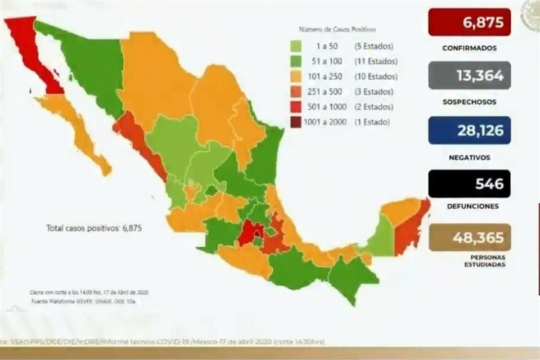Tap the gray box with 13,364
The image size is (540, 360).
pos(469,75)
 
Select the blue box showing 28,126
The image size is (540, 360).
pos(469,130)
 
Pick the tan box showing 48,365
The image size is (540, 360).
pos(469,237)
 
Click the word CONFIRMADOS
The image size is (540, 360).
pos(469,48)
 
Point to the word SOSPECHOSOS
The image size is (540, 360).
pos(469,102)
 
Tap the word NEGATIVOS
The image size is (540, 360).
pos(469,158)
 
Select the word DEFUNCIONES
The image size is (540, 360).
pos(469,206)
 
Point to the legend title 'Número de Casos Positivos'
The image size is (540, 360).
pos(337,29)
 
